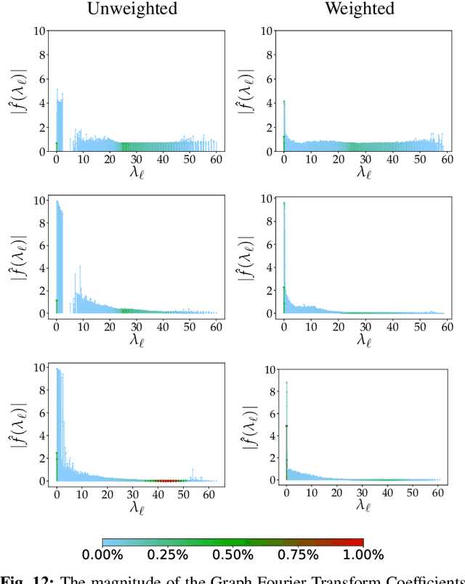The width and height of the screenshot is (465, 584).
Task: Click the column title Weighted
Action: [x=359, y=9]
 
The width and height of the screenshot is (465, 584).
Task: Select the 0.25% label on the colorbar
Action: [x=169, y=555]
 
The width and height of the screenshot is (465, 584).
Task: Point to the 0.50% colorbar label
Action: [x=232, y=555]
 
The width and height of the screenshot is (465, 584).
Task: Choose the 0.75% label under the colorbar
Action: [x=296, y=555]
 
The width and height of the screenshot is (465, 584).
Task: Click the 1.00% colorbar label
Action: [x=360, y=555]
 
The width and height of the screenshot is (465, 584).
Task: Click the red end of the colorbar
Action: [x=359, y=542]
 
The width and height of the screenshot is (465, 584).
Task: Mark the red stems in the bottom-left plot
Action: [x=163, y=480]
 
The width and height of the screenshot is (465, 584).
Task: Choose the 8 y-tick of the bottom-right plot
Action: [x=270, y=392]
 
